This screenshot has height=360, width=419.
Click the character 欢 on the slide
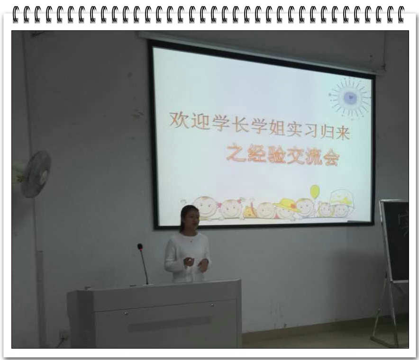(178, 120)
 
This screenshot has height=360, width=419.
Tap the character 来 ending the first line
(343, 132)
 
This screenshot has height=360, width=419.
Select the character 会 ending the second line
(331, 159)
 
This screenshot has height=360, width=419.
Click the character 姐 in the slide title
(276, 127)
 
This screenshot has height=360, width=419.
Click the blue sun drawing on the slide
(350, 98)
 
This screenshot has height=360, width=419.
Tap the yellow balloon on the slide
(315, 191)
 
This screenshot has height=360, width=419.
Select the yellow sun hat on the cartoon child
(287, 205)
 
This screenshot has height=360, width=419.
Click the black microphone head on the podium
(140, 247)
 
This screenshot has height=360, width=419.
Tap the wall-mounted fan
(36, 174)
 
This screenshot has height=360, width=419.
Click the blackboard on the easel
(395, 240)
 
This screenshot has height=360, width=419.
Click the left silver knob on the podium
(126, 313)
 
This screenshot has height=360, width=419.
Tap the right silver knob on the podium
(212, 305)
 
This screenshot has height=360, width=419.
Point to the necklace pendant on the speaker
(191, 241)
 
